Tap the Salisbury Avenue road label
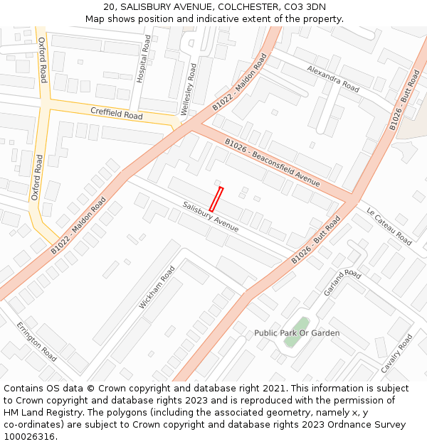pos(210,217)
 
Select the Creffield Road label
pos(116,114)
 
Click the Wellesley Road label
pos(188,90)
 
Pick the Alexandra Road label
pos(333,78)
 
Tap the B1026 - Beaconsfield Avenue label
pos(272,163)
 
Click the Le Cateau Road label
pos(389,227)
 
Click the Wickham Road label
pos(157,287)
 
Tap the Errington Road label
pos(36,341)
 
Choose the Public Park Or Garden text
pos(297,333)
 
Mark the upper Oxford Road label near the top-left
pos(42,60)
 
